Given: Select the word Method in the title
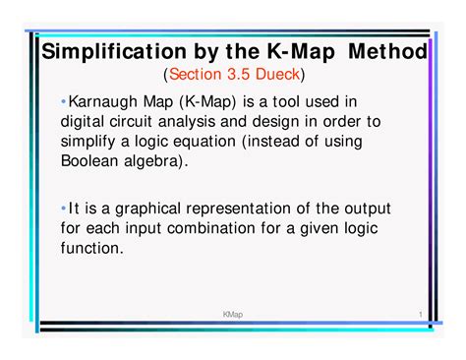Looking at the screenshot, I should [x=387, y=51].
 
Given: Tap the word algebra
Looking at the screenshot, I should [x=163, y=159].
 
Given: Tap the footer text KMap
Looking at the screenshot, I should [x=232, y=314].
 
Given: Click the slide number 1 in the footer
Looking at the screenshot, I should [x=419, y=314].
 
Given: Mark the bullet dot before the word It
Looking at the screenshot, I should [x=63, y=209].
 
